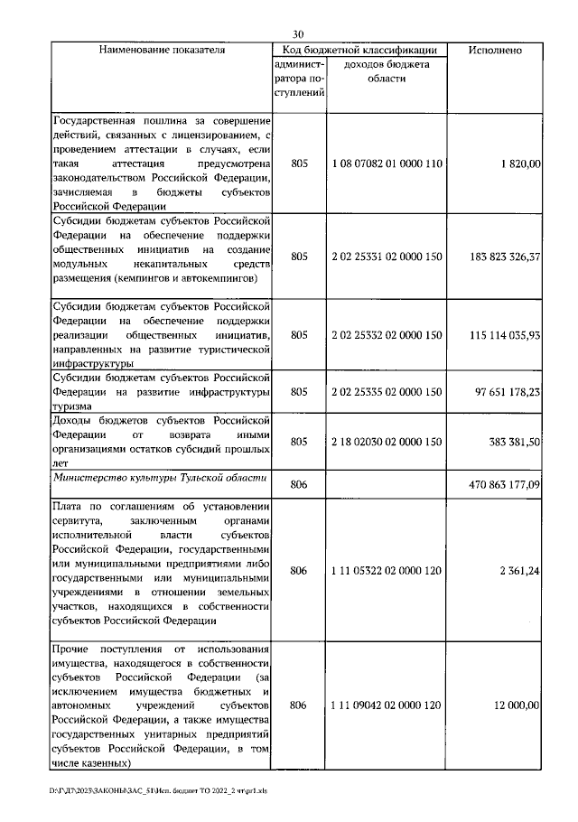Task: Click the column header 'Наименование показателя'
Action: (x=162, y=51)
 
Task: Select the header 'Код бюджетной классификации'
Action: (x=360, y=51)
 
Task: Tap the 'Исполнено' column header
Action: (x=494, y=51)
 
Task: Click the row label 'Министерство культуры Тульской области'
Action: (x=160, y=478)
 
